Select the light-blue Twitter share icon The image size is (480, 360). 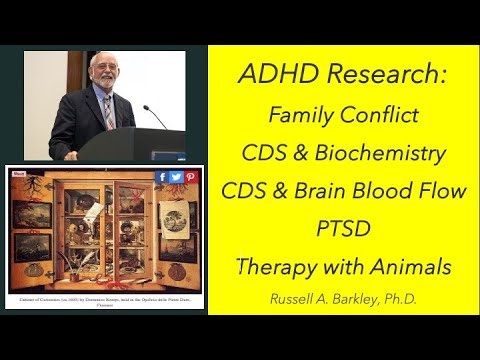(x=176, y=177)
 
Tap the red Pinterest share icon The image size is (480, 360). (x=190, y=177)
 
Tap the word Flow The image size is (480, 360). (x=441, y=192)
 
